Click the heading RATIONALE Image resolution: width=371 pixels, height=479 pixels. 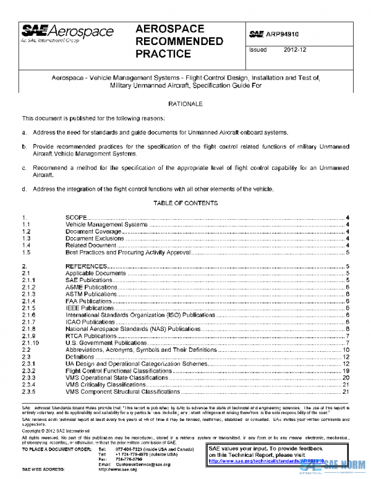(185, 104)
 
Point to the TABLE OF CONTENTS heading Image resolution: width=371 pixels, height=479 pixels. (185, 202)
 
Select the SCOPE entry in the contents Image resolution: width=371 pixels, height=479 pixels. (77, 219)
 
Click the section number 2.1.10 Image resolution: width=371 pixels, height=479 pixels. (31, 343)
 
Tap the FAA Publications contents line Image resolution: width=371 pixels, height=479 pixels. (90, 301)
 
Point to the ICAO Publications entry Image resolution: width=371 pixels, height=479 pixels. (90, 322)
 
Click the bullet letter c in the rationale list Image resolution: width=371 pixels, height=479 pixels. (24, 167)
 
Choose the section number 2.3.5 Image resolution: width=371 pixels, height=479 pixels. (29, 391)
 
